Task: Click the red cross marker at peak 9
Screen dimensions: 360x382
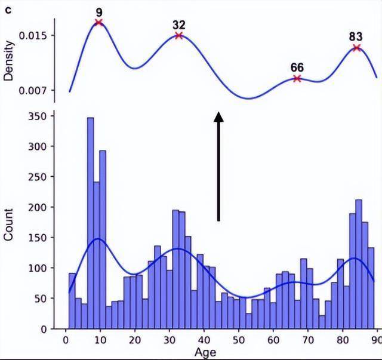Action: [98, 23]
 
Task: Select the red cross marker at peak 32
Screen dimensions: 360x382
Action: [178, 35]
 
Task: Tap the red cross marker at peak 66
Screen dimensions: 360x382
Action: [297, 78]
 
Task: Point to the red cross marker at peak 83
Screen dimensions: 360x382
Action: [356, 48]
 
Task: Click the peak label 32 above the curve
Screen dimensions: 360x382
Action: [178, 24]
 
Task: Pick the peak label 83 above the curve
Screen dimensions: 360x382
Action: [356, 36]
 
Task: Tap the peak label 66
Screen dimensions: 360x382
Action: [297, 67]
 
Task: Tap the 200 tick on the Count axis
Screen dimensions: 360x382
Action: [38, 207]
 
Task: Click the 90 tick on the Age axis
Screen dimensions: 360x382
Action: [377, 339]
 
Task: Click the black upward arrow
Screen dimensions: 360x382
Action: [219, 167]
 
